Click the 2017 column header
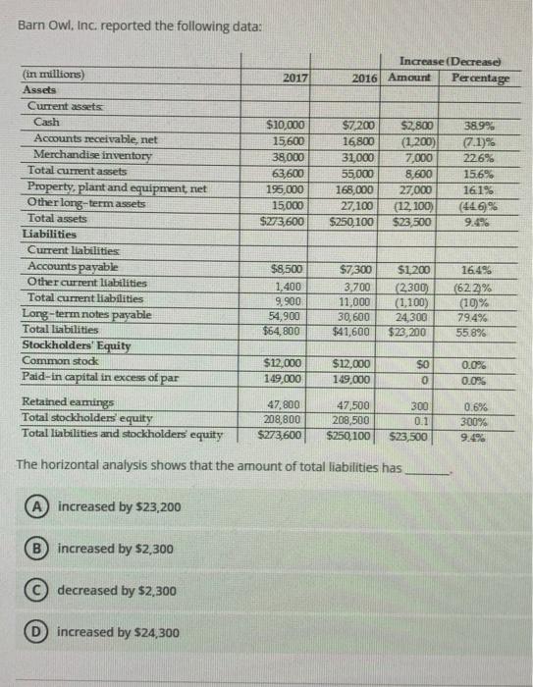point(295,77)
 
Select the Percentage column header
point(475,77)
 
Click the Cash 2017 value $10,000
point(287,126)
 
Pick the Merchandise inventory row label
point(93,156)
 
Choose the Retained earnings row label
point(68,402)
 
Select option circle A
point(33,506)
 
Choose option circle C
point(33,591)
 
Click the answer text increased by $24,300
point(119,633)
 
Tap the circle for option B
point(33,549)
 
